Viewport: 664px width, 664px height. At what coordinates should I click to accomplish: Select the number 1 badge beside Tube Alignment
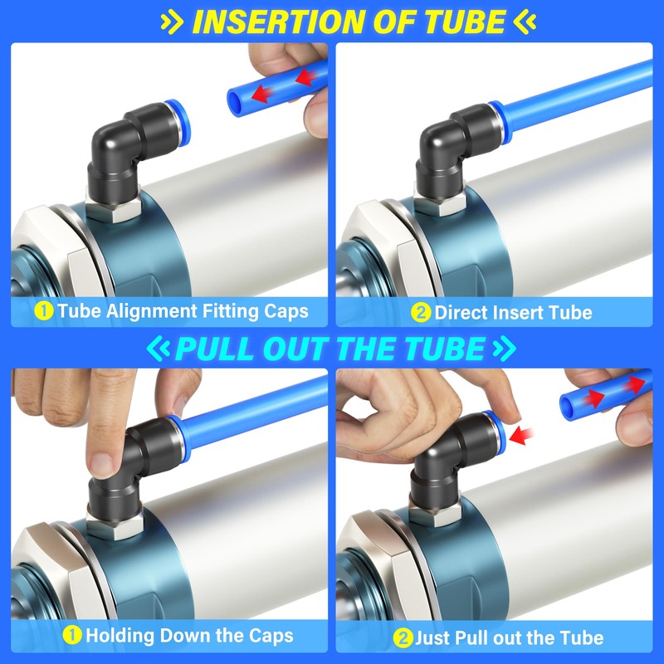pyautogui.click(x=44, y=313)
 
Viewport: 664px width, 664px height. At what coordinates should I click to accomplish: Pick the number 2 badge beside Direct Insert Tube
pyautogui.click(x=421, y=313)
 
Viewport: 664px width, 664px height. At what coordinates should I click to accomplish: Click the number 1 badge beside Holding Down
pyautogui.click(x=73, y=637)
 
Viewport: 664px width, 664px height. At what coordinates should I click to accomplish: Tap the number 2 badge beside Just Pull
pyautogui.click(x=404, y=637)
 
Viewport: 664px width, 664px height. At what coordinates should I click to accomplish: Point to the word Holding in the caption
pyautogui.click(x=120, y=637)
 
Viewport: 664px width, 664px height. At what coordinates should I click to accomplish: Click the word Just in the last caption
pyautogui.click(x=434, y=637)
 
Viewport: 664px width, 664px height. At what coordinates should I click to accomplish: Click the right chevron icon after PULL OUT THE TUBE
pyautogui.click(x=500, y=347)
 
